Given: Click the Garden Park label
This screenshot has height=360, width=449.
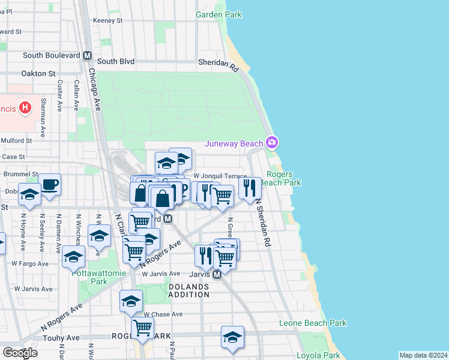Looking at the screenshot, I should click(218, 14).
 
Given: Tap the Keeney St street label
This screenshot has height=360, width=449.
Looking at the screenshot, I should click(107, 20).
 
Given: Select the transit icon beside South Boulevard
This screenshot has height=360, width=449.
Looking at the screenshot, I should click(87, 56).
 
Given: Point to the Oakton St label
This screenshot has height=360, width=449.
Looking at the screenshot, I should click(38, 73).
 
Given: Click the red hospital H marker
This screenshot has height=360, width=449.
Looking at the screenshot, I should click(25, 108).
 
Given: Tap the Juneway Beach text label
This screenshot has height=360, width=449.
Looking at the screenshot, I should click(234, 143).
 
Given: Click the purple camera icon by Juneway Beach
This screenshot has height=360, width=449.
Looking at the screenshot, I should click(272, 142).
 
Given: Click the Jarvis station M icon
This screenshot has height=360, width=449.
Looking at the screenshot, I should click(218, 274).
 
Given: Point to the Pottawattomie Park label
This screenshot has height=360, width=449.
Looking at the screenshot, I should click(90, 277).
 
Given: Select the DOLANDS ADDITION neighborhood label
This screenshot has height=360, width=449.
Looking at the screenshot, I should click(188, 291).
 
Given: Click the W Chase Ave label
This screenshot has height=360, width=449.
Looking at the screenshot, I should click(163, 314).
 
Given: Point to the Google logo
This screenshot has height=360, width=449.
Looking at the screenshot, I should click(20, 353).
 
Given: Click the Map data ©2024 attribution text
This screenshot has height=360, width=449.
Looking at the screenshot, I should click(423, 355).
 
